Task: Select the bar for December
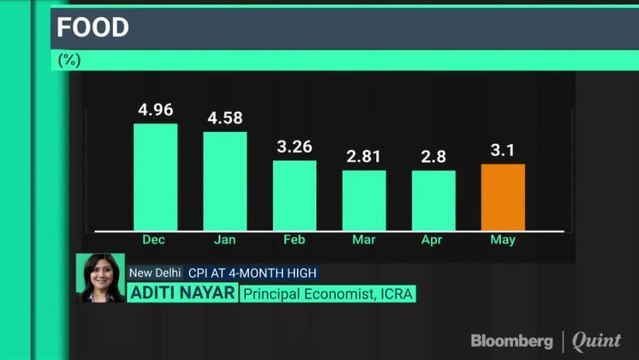click(x=155, y=177)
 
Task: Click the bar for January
click(x=225, y=181)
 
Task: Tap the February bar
click(x=294, y=195)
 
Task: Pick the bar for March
click(x=364, y=200)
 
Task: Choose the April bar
click(x=434, y=200)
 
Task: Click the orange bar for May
click(x=503, y=197)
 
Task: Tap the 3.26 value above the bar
click(x=294, y=146)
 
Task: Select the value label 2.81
click(x=364, y=156)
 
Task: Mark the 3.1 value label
click(x=503, y=150)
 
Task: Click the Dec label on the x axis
click(x=155, y=240)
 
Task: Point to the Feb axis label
click(x=294, y=240)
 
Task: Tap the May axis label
click(x=503, y=240)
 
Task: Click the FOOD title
click(x=93, y=27)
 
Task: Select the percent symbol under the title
click(x=69, y=60)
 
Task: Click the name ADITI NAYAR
click(x=181, y=293)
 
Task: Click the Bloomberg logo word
click(x=512, y=341)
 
